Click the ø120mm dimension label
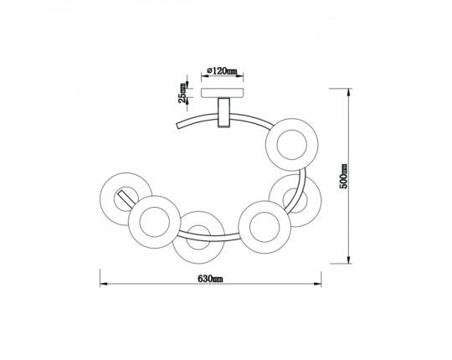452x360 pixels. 222,71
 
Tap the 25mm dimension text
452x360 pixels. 182,93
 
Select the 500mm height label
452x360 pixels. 344,176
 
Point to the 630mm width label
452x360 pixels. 210,279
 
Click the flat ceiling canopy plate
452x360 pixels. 222,93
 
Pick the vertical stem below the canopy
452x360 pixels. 223,112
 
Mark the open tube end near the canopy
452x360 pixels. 177,126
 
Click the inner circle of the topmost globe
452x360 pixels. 292,145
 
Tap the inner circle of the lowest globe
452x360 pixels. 198,238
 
